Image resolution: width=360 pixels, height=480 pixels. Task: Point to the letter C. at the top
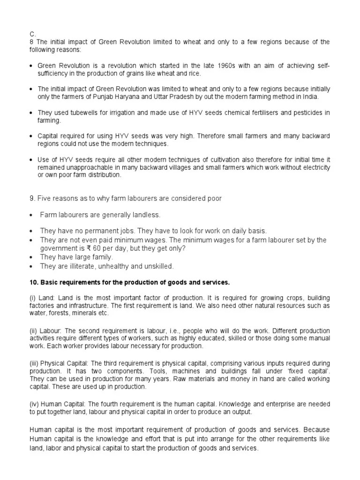click(x=32, y=34)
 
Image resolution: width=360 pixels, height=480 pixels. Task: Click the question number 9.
click(x=32, y=198)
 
